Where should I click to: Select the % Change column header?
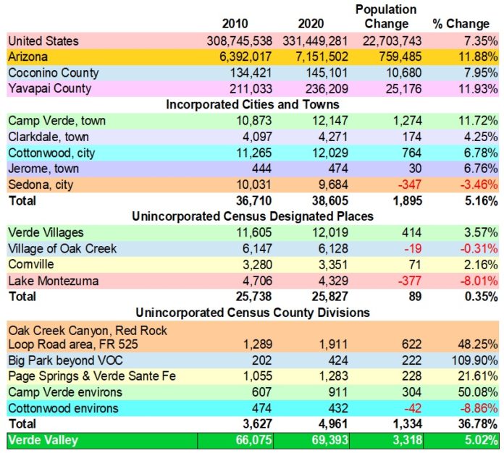pos(461,24)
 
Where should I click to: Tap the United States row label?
pos(43,41)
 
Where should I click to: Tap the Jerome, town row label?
pos(43,169)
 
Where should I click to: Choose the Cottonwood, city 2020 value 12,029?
pos(325,153)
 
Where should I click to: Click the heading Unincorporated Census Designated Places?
pos(252,216)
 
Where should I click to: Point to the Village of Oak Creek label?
pos(62,248)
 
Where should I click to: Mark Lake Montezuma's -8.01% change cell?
pos(476,280)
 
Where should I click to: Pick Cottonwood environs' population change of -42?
pos(412,407)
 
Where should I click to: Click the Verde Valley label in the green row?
pos(44,440)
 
